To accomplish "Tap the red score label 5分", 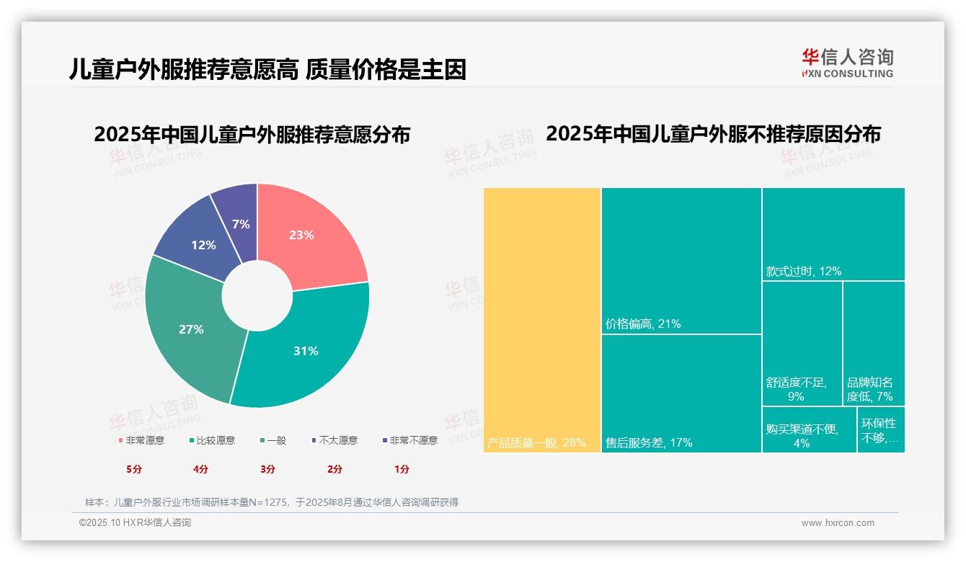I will (x=134, y=469).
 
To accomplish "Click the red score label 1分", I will (x=402, y=469).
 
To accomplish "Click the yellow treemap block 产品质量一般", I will (x=542, y=320).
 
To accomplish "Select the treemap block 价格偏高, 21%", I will (x=681, y=261).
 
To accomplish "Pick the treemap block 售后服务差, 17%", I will (x=681, y=393).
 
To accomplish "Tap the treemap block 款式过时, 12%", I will (x=833, y=233).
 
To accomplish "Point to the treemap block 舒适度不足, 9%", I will (x=802, y=343).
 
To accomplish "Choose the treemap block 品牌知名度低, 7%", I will (x=874, y=343).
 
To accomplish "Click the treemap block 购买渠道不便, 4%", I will (x=809, y=429).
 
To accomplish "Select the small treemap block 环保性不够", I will (x=881, y=429).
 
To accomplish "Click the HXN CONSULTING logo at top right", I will (x=847, y=63).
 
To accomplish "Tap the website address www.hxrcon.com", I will (x=838, y=523).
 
